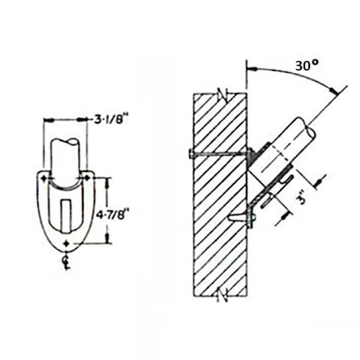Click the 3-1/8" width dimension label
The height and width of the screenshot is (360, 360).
(106, 120)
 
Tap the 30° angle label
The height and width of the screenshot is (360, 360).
(305, 66)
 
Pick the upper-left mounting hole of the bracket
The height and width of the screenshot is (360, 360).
(45, 178)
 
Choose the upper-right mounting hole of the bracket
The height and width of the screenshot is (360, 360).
(87, 177)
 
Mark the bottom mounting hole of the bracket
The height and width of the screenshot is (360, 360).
(66, 243)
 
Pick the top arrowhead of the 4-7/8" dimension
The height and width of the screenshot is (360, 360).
(109, 180)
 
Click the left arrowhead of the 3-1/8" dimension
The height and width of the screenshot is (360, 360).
(47, 120)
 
